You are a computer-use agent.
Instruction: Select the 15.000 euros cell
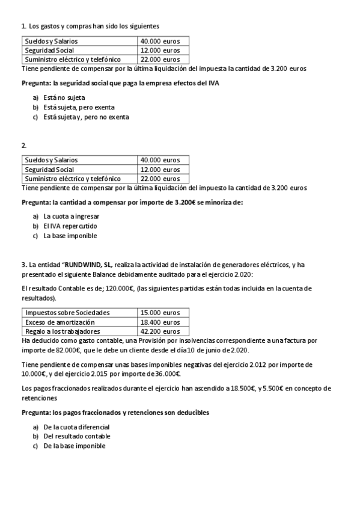click(160, 313)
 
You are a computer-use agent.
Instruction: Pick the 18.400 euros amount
click(160, 322)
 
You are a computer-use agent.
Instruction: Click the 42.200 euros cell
click(160, 331)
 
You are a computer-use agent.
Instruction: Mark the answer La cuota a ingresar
click(72, 216)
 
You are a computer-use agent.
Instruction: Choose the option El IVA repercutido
click(70, 226)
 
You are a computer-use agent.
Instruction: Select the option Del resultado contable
click(77, 436)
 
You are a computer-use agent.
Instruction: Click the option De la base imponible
click(75, 446)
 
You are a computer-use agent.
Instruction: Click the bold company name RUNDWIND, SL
click(88, 264)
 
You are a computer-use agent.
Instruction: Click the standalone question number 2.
click(23, 146)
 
